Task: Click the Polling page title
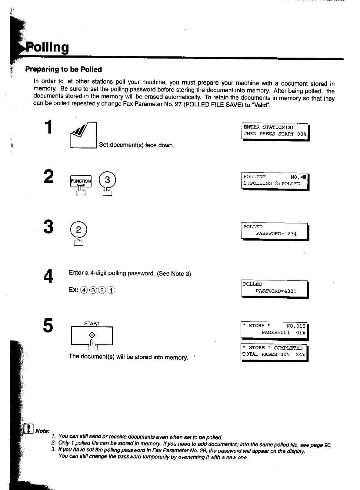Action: tap(48, 47)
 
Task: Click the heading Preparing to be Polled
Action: tap(63, 69)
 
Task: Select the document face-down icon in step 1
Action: tap(83, 135)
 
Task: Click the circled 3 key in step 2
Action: tap(108, 180)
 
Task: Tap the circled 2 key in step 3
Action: tap(78, 230)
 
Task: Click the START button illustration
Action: tap(92, 335)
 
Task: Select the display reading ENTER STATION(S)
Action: tap(275, 131)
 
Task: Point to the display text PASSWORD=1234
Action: tap(276, 234)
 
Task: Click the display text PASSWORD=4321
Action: tap(276, 291)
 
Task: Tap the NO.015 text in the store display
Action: tap(295, 326)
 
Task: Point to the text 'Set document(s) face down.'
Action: tap(137, 145)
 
